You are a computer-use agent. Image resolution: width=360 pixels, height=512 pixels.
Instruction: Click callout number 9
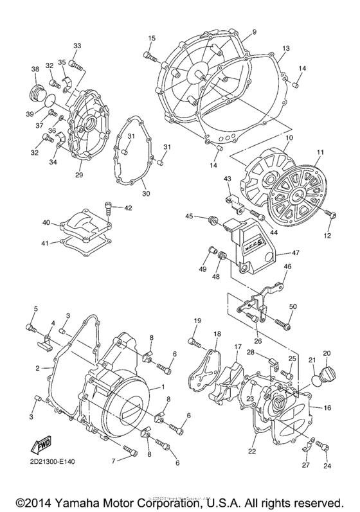(237, 32)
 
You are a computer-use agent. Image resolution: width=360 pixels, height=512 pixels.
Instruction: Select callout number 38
(35, 69)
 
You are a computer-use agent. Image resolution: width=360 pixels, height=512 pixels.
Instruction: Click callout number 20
(326, 353)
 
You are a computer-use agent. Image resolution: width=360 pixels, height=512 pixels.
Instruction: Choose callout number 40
(46, 222)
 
